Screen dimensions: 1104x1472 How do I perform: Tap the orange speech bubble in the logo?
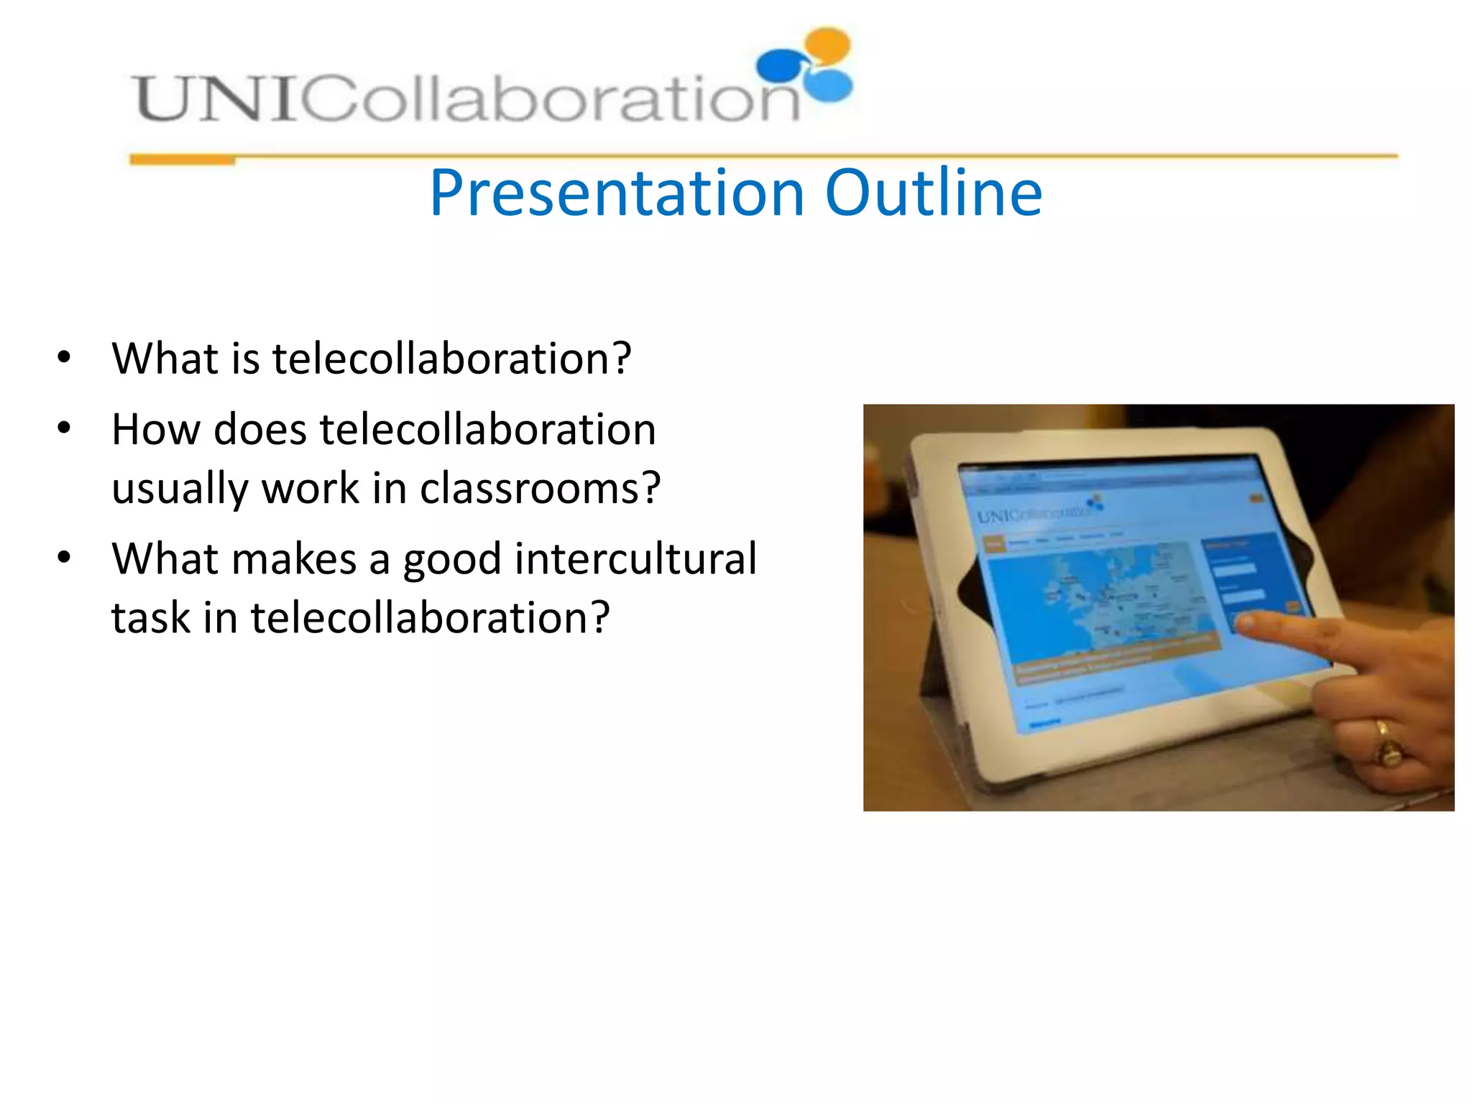coord(828,45)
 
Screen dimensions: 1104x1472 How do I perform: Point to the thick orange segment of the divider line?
coord(182,160)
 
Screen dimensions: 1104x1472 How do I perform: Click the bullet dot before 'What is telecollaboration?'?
coord(64,357)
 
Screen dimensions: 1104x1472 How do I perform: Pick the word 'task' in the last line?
coord(150,617)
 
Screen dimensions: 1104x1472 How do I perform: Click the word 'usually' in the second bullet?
coord(180,489)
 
